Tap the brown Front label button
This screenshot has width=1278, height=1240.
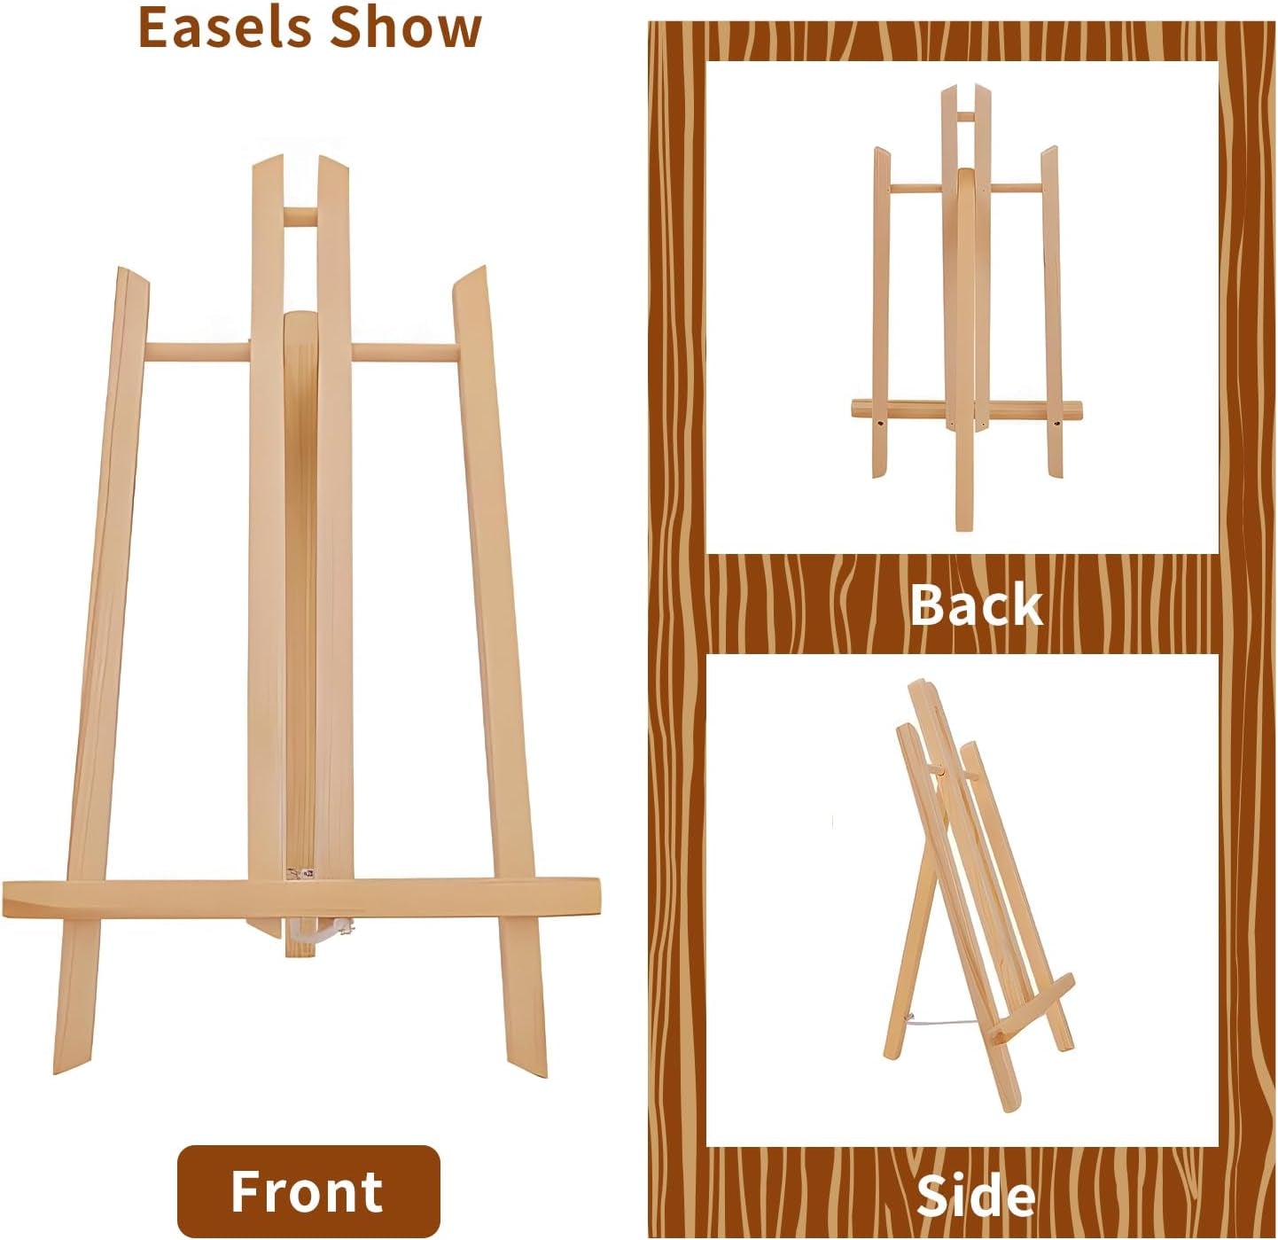click(x=308, y=1190)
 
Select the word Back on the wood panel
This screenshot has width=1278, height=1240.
click(x=976, y=605)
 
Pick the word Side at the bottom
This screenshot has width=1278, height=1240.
click(x=976, y=1196)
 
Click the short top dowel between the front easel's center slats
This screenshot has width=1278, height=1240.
click(x=300, y=216)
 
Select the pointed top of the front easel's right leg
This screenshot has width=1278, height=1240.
click(x=471, y=276)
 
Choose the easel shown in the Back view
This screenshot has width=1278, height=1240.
click(x=966, y=310)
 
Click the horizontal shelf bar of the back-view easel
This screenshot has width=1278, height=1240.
click(x=966, y=409)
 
